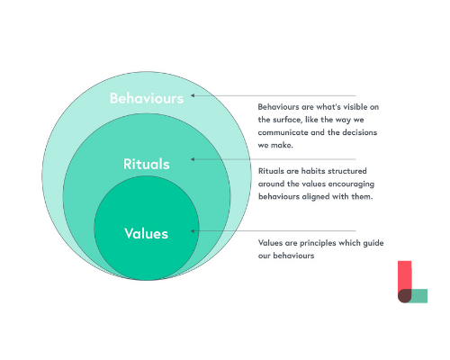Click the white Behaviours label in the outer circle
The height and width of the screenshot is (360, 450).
147,98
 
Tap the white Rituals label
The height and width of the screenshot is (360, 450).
147,164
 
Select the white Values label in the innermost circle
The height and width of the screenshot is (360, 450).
147,233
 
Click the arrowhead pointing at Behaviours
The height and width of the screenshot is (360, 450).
193,95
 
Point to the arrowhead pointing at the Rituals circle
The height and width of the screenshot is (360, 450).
193,159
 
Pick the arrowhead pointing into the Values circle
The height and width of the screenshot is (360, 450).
193,231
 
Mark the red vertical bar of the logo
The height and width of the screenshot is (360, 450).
404,275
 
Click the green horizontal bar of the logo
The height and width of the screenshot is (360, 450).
419,296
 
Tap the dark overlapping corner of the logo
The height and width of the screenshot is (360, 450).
404,296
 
